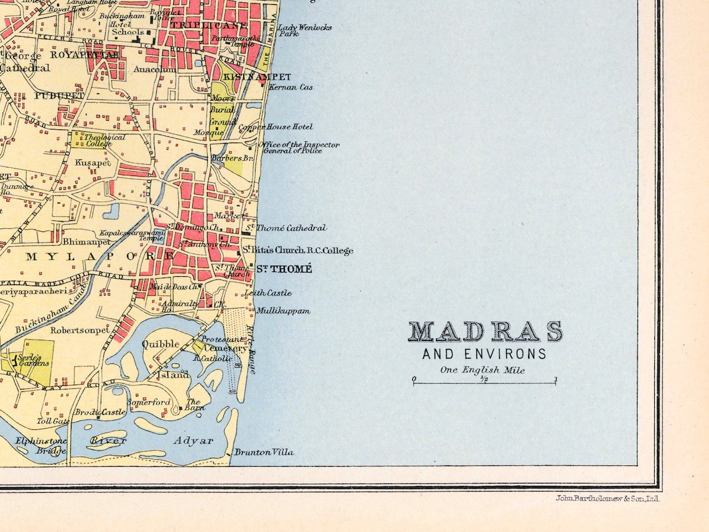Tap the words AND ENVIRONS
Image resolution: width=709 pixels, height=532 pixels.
tap(484, 355)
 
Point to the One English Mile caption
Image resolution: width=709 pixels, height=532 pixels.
tap(483, 370)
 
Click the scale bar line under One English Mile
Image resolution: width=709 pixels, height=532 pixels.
tap(484, 383)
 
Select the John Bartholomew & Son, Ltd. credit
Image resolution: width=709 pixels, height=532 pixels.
tap(607, 498)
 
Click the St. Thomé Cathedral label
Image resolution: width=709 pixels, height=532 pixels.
tap(286, 228)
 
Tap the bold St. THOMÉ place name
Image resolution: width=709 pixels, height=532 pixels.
tap(284, 269)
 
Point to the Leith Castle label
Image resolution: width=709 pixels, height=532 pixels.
tap(268, 292)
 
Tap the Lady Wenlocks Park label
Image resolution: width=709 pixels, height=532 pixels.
tap(304, 30)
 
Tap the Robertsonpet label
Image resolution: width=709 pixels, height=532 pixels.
tap(80, 330)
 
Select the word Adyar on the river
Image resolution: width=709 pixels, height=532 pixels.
tap(193, 441)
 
